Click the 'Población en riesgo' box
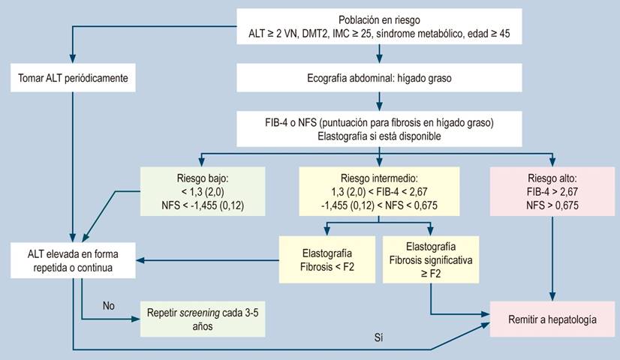pyautogui.click(x=379, y=27)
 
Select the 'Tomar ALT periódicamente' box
pyautogui.click(x=73, y=77)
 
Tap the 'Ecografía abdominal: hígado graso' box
pyautogui.click(x=379, y=77)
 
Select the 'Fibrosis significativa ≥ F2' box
pyautogui.click(x=431, y=259)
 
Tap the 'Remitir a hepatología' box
pyautogui.click(x=553, y=319)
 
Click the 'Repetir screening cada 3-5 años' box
pyautogui.click(x=202, y=319)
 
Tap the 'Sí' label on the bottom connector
pyautogui.click(x=378, y=339)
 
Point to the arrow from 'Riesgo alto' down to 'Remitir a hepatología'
pyautogui.click(x=553, y=255)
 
